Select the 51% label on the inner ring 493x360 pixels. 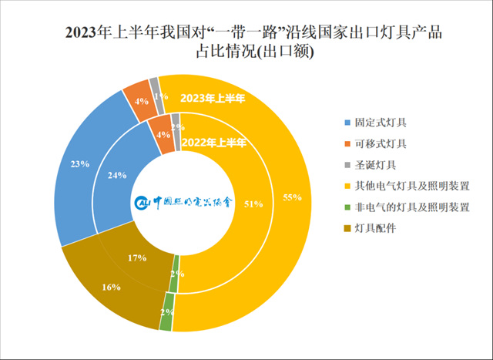pyautogui.click(x=253, y=204)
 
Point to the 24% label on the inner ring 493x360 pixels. pyautogui.click(x=116, y=174)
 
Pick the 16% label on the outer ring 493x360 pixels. pyautogui.click(x=111, y=287)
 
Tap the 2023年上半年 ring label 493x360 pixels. pyautogui.click(x=213, y=98)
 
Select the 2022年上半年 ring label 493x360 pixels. pyautogui.click(x=214, y=143)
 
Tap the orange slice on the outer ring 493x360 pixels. pyautogui.click(x=136, y=98)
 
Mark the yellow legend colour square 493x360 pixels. pyautogui.click(x=347, y=186)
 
